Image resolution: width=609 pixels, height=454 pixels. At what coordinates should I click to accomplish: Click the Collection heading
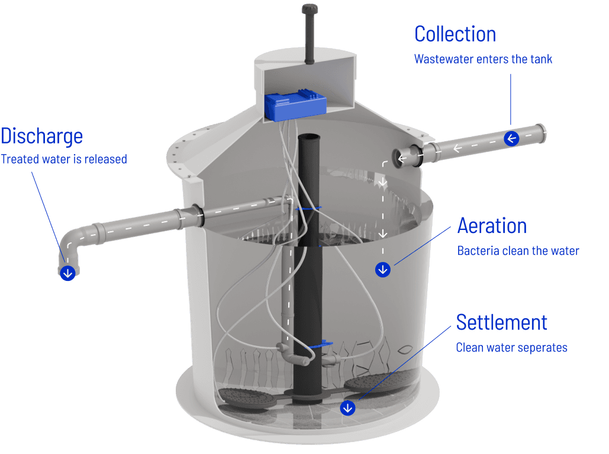455,34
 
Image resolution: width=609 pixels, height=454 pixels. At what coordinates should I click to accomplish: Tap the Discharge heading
41,136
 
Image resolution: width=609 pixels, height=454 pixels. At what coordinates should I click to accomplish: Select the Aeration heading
492,226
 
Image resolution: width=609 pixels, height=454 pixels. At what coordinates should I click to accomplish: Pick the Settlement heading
501,322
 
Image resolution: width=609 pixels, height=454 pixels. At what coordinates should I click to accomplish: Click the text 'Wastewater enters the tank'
483,59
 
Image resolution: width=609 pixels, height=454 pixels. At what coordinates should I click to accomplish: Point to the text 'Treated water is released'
64,159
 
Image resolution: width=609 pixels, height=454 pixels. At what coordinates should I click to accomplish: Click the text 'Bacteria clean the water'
518,251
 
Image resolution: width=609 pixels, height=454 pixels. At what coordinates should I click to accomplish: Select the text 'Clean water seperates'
511,347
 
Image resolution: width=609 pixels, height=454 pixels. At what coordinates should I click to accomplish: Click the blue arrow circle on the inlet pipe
512,139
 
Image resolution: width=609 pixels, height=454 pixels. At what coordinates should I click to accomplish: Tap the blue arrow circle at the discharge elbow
68,273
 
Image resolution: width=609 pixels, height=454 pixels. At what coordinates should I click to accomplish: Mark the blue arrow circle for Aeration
384,270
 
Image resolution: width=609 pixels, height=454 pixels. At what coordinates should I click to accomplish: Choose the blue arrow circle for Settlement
347,408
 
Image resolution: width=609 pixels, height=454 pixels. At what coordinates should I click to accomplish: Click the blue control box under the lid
295,105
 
